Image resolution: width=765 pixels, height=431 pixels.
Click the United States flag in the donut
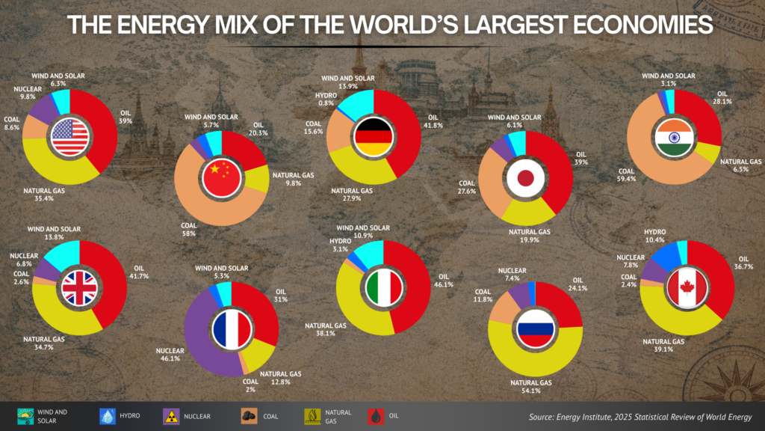pos(71,136)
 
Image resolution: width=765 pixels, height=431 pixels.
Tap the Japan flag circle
pos(526,178)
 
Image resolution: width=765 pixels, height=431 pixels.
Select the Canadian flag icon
pos(687,288)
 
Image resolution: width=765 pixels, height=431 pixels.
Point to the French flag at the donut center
pos(231,331)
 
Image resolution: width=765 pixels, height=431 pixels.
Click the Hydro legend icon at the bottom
pos(105,416)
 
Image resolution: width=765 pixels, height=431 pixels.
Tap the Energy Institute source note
pos(639,417)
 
